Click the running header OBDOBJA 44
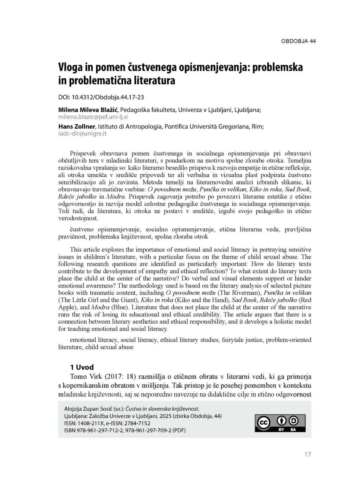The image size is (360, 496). coord(298,41)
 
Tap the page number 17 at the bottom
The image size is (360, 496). coord(308,455)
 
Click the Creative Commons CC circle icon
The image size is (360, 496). coord(264,423)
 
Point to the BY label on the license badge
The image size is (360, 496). coord(281,430)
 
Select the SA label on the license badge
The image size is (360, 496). coord(293,430)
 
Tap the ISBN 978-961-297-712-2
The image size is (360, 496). coord(98,430)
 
